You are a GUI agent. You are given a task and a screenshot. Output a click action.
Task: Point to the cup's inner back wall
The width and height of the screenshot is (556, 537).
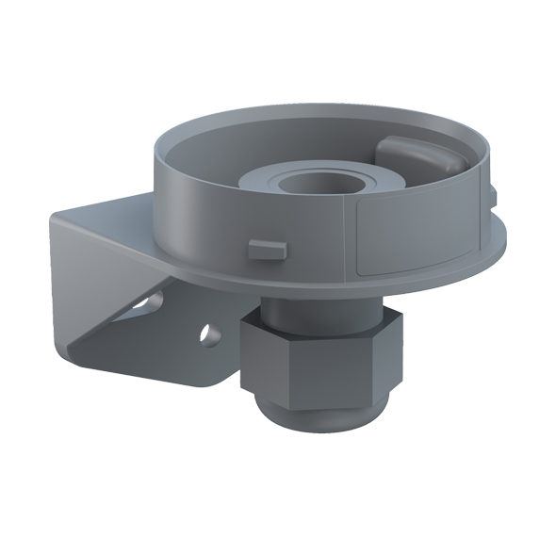point(283,132)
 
